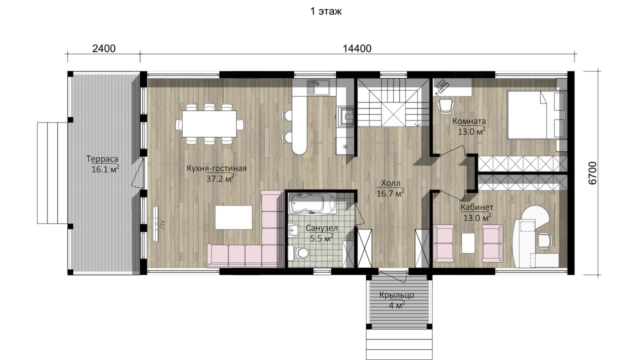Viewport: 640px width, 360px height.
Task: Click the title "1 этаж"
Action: point(326,11)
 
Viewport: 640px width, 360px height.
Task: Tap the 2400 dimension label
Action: point(104,48)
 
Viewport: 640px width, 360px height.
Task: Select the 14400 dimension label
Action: point(357,48)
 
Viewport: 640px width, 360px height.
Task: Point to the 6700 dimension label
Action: point(593,173)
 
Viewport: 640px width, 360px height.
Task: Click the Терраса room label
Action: point(102,158)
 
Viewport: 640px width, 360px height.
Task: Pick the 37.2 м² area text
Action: point(220,179)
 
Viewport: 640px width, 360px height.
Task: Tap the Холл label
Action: point(391,183)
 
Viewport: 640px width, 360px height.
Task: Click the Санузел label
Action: point(321,228)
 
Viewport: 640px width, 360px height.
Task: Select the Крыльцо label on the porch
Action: point(397,295)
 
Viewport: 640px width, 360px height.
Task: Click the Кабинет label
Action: point(477,207)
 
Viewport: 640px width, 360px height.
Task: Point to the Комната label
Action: point(469,121)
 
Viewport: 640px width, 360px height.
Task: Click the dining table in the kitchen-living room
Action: point(209,124)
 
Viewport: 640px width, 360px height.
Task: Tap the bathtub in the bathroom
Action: point(311,203)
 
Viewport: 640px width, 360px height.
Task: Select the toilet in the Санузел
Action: point(298,252)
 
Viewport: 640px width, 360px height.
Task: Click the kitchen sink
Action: point(318,87)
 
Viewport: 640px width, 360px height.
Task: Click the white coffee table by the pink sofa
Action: point(233,217)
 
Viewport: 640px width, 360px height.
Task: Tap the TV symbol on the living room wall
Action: point(155,224)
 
